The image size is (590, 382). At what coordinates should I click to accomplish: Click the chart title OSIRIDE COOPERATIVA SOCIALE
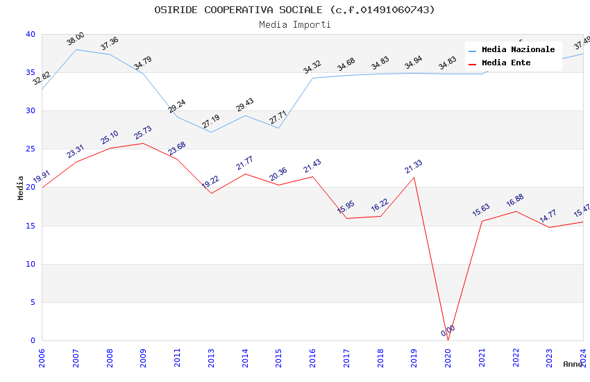pyautogui.click(x=294, y=10)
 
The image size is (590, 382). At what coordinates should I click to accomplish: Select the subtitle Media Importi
pyautogui.click(x=294, y=25)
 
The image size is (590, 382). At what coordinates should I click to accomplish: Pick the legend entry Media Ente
pyautogui.click(x=506, y=63)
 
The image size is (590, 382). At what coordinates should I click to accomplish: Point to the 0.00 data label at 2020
pyautogui.click(x=448, y=331)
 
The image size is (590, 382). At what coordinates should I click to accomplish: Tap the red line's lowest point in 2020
pyautogui.click(x=448, y=340)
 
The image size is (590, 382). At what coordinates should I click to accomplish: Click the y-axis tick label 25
pyautogui.click(x=30, y=149)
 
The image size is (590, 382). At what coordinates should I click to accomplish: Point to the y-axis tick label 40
pyautogui.click(x=30, y=35)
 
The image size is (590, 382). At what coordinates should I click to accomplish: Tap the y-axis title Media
pyautogui.click(x=21, y=188)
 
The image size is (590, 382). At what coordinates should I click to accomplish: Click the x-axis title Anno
pyautogui.click(x=573, y=364)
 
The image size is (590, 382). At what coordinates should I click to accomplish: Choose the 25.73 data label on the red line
pyautogui.click(x=143, y=133)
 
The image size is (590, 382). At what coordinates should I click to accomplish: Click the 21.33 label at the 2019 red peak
pyautogui.click(x=414, y=167)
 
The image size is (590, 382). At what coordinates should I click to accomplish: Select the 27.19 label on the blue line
pyautogui.click(x=210, y=122)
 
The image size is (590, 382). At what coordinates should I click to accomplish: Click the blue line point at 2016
pyautogui.click(x=313, y=78)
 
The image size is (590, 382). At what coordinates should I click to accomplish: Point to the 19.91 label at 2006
pyautogui.click(x=42, y=177)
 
